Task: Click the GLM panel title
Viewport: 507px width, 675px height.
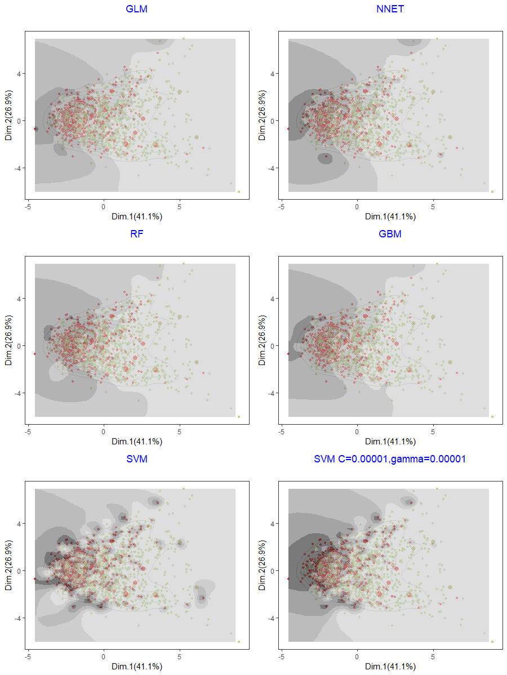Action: click(137, 9)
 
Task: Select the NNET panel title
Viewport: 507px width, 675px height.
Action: click(390, 9)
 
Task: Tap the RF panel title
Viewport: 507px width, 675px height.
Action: click(137, 234)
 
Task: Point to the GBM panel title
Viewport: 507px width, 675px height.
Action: click(390, 234)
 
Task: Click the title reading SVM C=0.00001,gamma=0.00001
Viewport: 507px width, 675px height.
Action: click(390, 459)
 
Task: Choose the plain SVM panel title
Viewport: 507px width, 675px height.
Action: click(137, 459)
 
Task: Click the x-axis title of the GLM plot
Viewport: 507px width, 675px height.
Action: click(137, 217)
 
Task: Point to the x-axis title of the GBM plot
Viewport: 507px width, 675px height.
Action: click(390, 442)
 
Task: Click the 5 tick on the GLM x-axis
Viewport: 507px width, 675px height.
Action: click(180, 206)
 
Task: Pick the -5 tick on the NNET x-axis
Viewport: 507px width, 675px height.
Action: click(281, 206)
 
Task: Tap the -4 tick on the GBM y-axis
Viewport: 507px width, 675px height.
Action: click(271, 393)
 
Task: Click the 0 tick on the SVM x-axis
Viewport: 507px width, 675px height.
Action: click(104, 656)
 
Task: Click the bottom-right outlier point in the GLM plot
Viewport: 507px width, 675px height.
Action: click(239, 192)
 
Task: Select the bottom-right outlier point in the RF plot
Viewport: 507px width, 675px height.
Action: click(239, 417)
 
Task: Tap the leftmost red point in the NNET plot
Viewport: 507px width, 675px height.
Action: click(288, 129)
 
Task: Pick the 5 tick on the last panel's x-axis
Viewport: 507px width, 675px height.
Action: click(433, 656)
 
